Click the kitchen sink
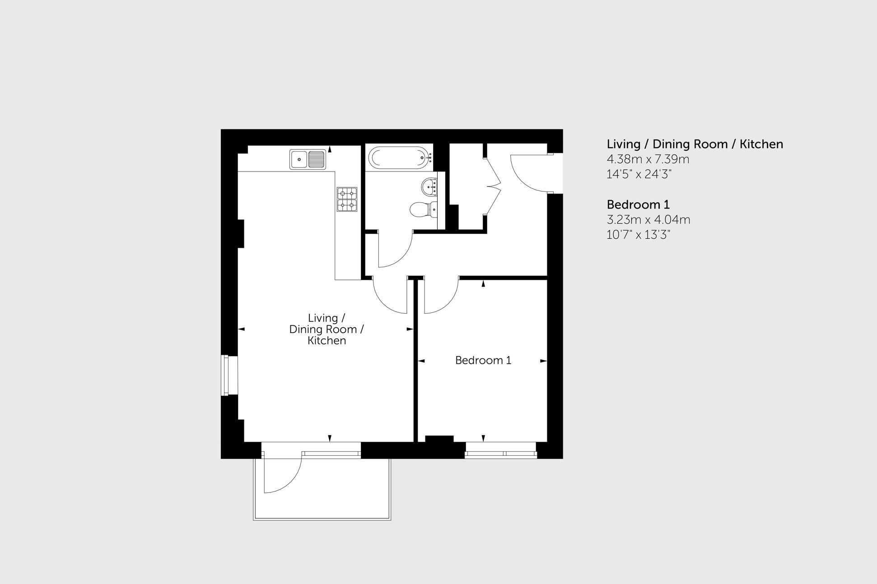[308, 159]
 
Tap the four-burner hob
[347, 199]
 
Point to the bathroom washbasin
[429, 186]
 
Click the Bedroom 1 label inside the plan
[483, 360]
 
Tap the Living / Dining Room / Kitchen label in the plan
[326, 329]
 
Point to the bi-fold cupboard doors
[494, 185]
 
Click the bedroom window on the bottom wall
[501, 450]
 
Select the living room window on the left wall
[229, 375]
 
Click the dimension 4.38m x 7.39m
[648, 159]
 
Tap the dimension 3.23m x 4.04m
[648, 220]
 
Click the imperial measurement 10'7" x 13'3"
[638, 235]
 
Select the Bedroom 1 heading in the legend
[638, 205]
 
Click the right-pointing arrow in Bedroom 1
[543, 361]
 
